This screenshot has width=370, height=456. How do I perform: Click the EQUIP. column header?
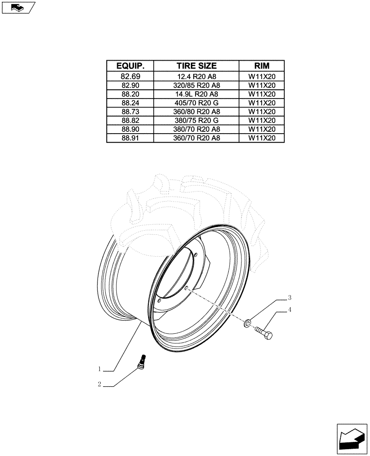130,66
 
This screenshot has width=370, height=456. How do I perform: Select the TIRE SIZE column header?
196,66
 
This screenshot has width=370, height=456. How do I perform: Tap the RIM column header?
262,66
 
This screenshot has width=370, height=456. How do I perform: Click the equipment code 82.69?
130,76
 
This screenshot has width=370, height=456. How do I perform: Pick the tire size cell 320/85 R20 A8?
196,85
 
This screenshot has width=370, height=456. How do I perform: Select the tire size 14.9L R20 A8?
196,94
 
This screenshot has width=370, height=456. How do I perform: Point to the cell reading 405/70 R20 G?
196,103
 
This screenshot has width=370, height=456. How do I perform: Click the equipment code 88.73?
130,112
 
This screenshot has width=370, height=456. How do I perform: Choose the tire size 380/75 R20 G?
196,120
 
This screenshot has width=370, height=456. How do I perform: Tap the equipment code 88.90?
130,129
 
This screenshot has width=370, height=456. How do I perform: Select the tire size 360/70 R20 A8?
196,138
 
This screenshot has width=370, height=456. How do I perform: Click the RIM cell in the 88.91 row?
262,138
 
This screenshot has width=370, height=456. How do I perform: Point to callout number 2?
99,384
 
